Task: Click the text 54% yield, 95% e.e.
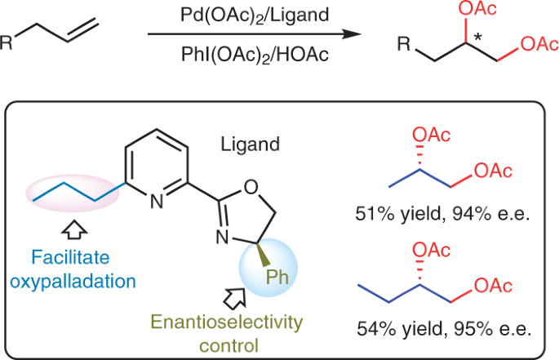pyautogui.click(x=446, y=331)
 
